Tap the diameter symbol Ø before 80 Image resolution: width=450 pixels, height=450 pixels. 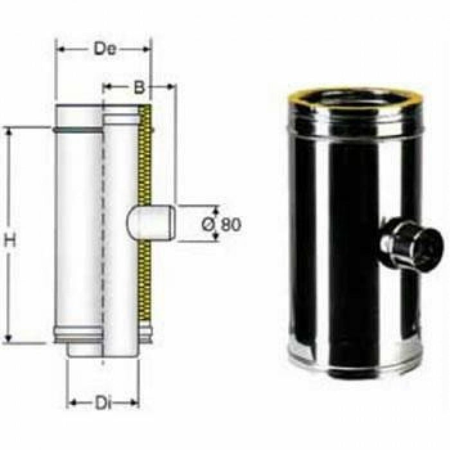[x=209, y=224]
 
